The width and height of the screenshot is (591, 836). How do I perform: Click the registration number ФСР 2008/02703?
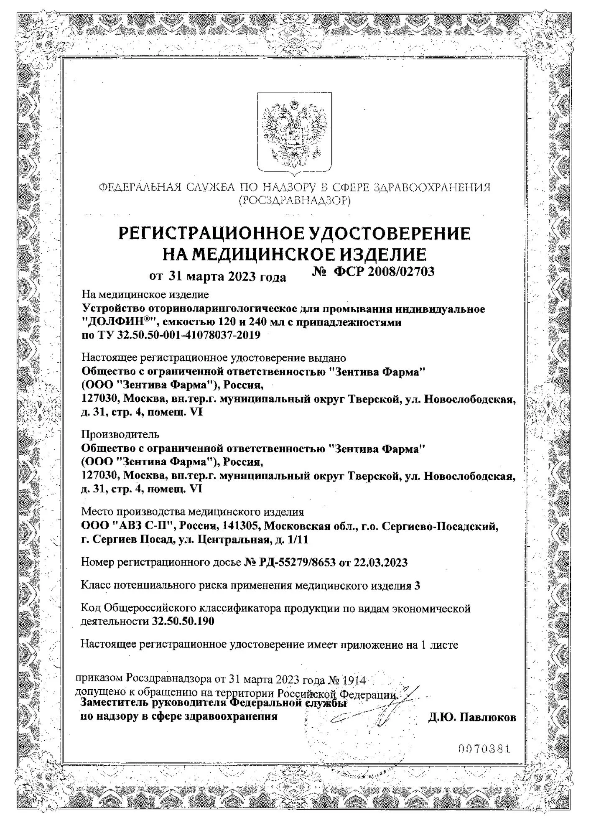[384, 272]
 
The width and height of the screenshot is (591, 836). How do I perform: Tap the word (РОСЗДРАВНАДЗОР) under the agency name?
[295, 201]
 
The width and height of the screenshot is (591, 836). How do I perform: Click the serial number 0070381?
[485, 747]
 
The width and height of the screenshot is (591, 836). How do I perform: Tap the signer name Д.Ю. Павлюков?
[472, 717]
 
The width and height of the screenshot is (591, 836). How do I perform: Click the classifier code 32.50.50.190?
[182, 622]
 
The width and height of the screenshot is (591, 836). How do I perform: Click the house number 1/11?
[298, 539]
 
